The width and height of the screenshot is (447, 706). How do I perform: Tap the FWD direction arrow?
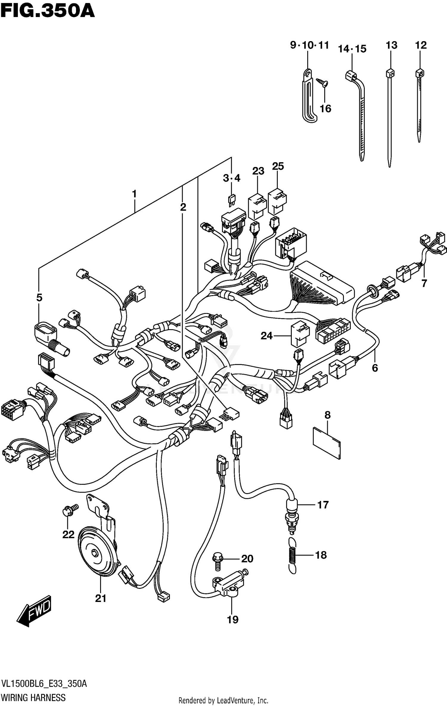tap(35, 611)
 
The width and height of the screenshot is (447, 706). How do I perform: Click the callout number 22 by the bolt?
tap(68, 535)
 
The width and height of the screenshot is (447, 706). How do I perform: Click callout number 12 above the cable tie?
tap(421, 45)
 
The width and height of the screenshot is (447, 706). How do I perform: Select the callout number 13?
tap(391, 45)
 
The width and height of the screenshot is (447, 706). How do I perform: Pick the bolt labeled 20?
tap(218, 562)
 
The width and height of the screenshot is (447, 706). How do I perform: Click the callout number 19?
tap(233, 620)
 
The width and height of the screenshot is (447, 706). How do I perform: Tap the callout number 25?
tap(278, 166)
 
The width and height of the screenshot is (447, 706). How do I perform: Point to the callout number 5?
tap(39, 297)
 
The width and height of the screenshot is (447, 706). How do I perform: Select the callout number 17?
tap(323, 505)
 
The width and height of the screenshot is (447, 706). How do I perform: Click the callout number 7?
tap(424, 283)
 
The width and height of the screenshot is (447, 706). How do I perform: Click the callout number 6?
tap(375, 368)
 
